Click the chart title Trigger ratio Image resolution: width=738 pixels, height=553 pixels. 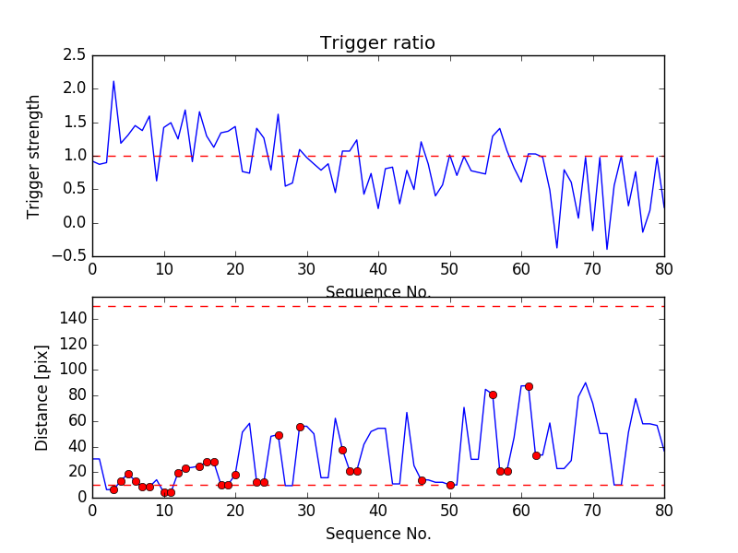pos(377,43)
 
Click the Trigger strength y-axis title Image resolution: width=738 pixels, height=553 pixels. pos(34,156)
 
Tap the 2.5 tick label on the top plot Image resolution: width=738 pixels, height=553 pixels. pos(75,55)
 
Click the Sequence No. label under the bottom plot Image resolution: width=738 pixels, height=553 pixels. pos(377,534)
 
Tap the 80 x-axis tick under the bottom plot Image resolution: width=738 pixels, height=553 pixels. pos(663,512)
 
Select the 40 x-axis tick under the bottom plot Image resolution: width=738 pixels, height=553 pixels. pos(378,512)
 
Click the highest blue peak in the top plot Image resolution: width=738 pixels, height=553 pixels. pos(113,81)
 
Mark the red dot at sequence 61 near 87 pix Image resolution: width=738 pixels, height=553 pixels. pos(529,386)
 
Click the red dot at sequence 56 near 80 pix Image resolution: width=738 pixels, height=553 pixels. pos(493,394)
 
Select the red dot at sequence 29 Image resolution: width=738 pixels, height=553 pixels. pos(300,427)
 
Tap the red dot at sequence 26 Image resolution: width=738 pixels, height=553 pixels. pos(279,435)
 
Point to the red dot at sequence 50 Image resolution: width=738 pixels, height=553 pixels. pos(450,485)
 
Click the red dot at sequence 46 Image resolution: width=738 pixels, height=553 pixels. pos(422,480)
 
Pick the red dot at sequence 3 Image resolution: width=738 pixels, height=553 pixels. pos(113,489)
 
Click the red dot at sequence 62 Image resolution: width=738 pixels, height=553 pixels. pos(536,455)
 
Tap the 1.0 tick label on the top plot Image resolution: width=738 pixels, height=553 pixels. pos(75,156)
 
